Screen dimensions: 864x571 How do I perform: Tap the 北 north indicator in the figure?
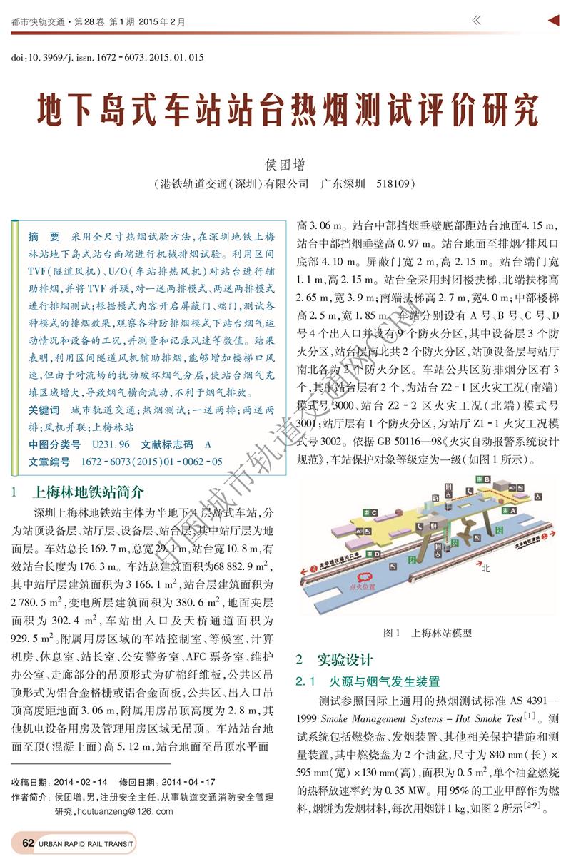pos(485,568)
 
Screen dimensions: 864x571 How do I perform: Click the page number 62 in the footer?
pos(28,843)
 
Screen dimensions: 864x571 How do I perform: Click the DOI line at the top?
pos(107,57)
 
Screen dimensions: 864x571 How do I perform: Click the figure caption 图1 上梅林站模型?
pos(427,632)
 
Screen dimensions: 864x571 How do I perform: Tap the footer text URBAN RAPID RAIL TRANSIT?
pos(86,843)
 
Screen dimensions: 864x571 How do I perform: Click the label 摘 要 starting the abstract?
pos(44,236)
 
